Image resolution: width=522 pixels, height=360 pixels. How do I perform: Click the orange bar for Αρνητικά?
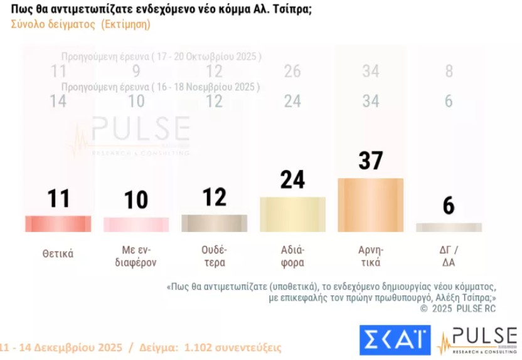click(370, 196)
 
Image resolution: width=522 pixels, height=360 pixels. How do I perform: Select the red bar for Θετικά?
click(58, 224)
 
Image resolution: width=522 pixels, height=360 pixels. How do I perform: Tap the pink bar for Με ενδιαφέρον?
click(136, 225)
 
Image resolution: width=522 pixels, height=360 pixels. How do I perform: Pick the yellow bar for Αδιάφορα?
click(292, 206)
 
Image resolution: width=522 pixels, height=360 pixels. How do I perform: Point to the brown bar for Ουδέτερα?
click(214, 223)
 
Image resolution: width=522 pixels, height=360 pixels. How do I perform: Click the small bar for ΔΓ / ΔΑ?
click(449, 227)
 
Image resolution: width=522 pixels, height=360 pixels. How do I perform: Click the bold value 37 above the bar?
click(370, 161)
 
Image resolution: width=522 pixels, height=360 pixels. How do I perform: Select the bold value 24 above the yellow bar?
click(292, 180)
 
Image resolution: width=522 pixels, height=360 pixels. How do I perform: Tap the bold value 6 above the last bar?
click(449, 206)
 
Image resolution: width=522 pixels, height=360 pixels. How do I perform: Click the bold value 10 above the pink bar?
click(136, 199)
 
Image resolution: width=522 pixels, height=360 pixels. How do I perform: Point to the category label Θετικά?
click(58, 254)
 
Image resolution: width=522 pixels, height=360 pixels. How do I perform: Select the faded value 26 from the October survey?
click(292, 71)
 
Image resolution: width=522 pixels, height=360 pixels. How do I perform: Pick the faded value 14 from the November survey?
click(58, 101)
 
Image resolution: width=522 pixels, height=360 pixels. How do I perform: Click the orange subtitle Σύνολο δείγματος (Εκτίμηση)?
click(80, 24)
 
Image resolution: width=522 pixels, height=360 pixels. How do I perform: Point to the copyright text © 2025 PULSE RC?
click(458, 309)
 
